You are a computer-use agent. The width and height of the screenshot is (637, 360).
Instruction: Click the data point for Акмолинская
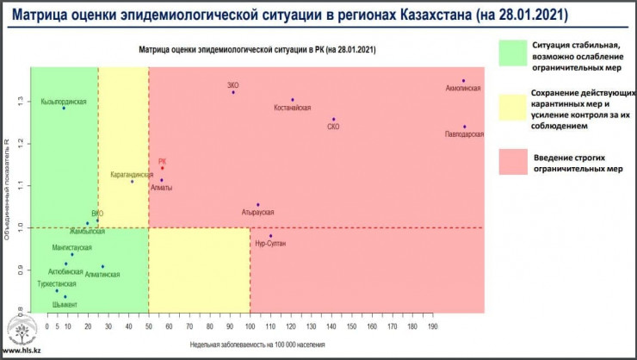pos(463,81)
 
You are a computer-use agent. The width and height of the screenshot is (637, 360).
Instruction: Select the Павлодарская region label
pos(464,134)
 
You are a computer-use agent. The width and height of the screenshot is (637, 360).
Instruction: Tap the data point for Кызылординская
pos(64,108)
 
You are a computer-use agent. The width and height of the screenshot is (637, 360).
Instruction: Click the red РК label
pos(162,161)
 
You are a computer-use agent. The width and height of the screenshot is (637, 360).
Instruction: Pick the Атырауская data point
pos(257,205)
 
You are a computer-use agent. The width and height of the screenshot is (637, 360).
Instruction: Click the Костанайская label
pos(291,108)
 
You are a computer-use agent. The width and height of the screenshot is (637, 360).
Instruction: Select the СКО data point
pos(333,120)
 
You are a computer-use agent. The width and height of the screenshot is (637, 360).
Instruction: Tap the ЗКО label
pos(232,84)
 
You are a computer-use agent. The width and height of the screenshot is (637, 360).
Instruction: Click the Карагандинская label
pos(132,174)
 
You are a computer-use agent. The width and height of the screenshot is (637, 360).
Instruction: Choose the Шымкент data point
pos(65,297)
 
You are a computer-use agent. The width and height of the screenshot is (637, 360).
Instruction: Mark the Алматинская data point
pos(102,266)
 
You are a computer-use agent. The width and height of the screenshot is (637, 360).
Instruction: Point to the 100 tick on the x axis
pos(250,327)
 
